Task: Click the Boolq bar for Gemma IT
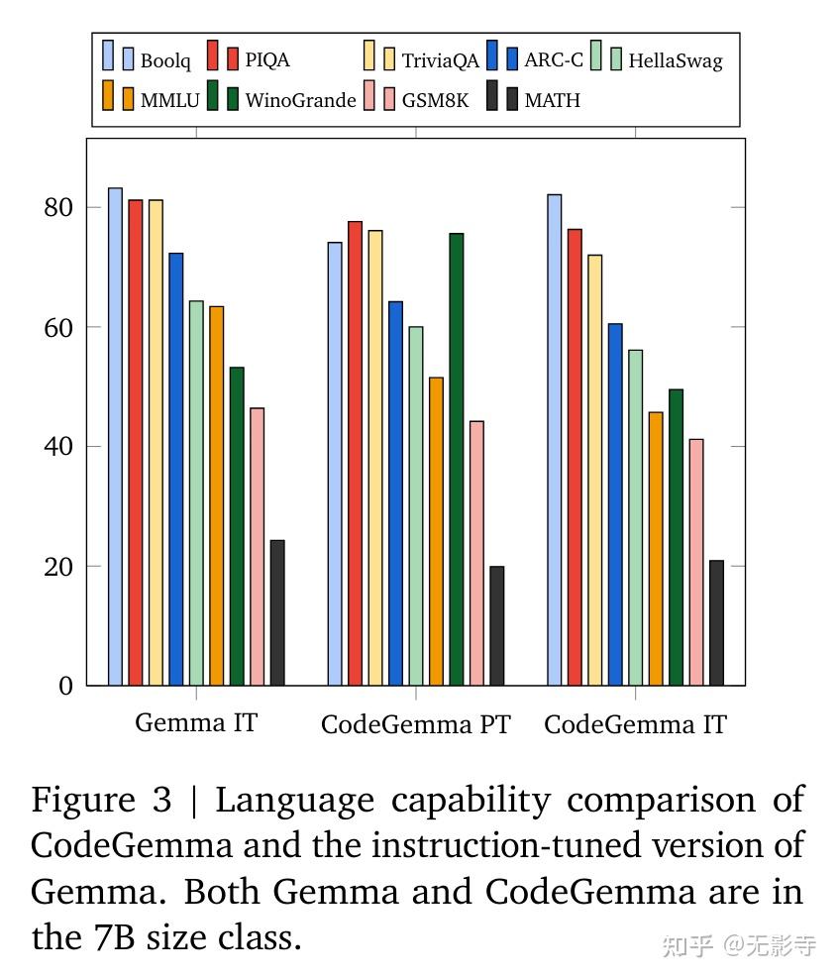pos(115,436)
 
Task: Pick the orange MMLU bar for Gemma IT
pos(216,495)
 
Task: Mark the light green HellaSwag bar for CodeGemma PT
pos(415,505)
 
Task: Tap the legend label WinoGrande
pos(300,100)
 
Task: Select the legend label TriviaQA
pos(440,60)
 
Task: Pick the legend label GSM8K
pos(436,100)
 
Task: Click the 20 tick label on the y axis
pos(57,567)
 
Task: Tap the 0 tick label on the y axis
pos(65,686)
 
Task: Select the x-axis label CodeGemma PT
pos(415,724)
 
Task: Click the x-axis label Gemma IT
pos(195,722)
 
